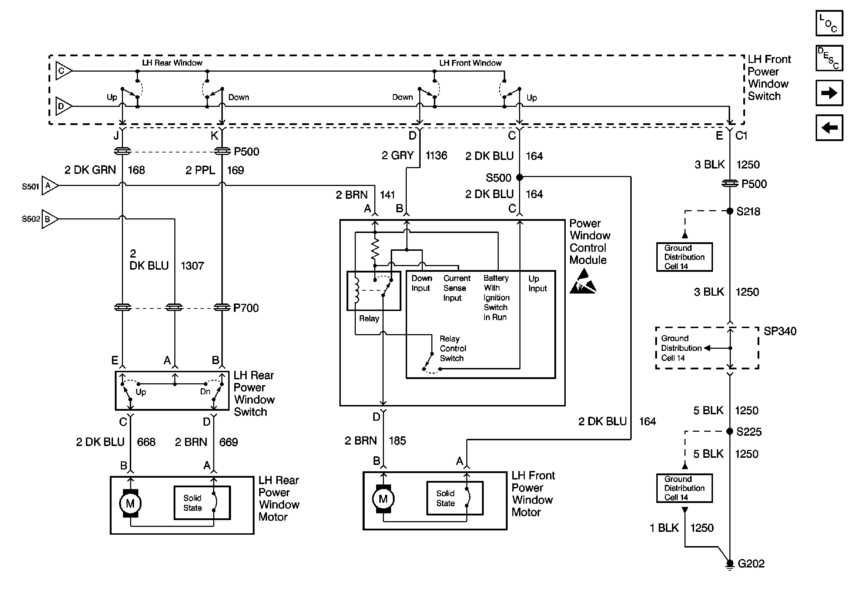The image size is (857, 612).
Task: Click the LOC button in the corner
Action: click(x=829, y=24)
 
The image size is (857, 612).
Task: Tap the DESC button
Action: click(x=829, y=58)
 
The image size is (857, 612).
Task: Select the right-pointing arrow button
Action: click(x=829, y=93)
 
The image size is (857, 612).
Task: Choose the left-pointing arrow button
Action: click(x=829, y=128)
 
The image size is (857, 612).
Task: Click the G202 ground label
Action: click(x=751, y=564)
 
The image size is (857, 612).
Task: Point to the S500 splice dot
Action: click(x=519, y=177)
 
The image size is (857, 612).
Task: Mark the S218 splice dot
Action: click(x=730, y=211)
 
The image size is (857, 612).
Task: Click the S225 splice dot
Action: click(x=730, y=431)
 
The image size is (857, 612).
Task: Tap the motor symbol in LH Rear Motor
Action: click(x=130, y=503)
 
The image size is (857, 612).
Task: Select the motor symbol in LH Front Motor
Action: click(x=383, y=499)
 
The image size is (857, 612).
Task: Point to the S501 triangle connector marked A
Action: click(x=49, y=185)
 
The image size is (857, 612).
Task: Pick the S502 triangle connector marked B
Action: click(x=49, y=219)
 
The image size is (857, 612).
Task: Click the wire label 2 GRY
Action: click(x=397, y=156)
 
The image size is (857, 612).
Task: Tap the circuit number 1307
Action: click(x=192, y=266)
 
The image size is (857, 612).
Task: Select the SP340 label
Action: click(x=780, y=331)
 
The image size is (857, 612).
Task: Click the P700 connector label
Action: click(x=246, y=308)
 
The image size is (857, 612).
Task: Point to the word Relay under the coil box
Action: click(x=369, y=319)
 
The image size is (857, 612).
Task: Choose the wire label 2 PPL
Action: click(x=200, y=170)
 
